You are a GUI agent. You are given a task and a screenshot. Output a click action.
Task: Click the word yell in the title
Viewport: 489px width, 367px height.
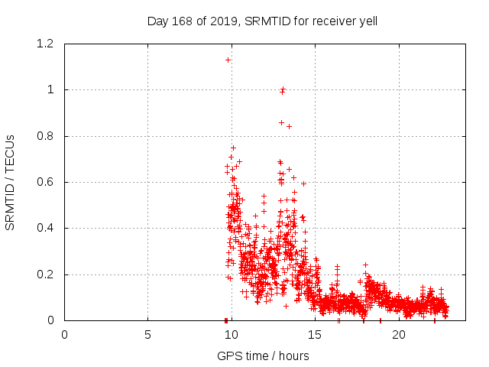tap(366, 21)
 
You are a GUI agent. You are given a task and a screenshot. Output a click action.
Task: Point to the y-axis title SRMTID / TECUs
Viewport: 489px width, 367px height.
tap(11, 182)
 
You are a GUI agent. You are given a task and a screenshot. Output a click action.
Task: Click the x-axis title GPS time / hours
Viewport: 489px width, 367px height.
tap(263, 356)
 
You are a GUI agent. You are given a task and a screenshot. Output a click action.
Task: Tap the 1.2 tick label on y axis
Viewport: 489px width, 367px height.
tap(44, 44)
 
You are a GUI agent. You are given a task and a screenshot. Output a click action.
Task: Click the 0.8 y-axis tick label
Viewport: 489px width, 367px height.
tap(44, 136)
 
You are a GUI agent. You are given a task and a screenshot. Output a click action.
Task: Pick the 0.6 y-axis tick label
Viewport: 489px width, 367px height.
tap(44, 183)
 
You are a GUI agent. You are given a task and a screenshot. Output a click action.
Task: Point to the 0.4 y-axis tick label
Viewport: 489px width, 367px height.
tap(44, 229)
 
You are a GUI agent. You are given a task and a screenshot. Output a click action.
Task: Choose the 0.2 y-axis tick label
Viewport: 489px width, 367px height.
tap(44, 274)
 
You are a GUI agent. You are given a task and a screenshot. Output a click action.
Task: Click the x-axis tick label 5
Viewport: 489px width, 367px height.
tap(148, 335)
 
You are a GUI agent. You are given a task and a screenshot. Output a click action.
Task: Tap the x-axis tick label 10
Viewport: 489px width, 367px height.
tap(232, 335)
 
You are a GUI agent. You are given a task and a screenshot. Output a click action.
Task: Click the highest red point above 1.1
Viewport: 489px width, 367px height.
tap(228, 60)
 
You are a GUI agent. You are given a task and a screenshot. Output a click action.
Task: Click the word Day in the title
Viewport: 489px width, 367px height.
tap(157, 21)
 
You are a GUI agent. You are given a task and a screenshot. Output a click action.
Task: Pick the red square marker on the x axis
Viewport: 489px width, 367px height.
tap(226, 320)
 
